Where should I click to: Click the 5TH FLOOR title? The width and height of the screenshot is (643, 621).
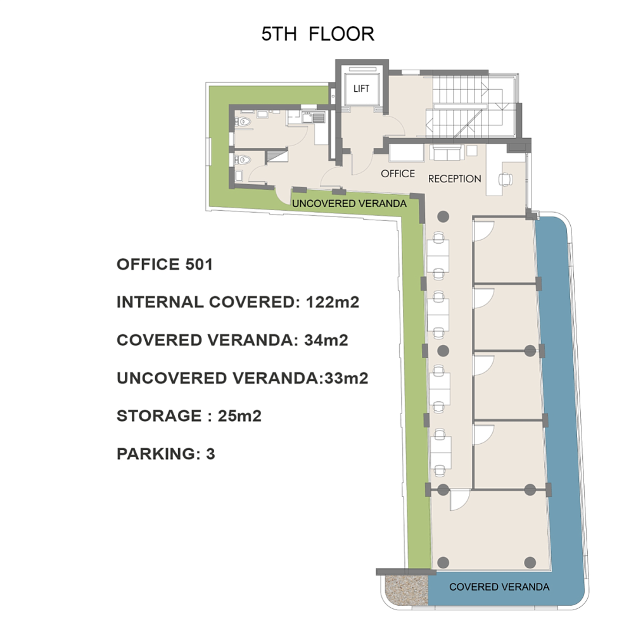point(318,34)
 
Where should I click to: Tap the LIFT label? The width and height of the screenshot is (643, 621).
point(361,89)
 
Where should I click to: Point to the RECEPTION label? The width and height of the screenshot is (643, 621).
point(454,179)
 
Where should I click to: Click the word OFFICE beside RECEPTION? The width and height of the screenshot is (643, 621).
point(398,174)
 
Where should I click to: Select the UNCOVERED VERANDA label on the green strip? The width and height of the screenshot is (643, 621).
point(349,203)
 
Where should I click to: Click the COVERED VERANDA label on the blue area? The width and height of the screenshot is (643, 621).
point(499,587)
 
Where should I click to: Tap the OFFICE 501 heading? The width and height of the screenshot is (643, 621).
point(165,265)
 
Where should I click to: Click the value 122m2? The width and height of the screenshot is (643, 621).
point(333,302)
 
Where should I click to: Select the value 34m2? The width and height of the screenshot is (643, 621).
point(326,340)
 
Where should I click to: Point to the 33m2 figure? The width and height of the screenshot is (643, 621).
point(346,378)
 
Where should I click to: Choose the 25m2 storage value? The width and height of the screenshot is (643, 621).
point(239,416)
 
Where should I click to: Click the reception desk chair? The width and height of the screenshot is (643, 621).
point(506,179)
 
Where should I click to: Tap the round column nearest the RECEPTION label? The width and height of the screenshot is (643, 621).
point(443,216)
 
